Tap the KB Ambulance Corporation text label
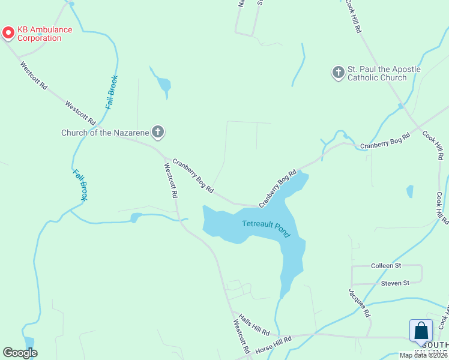pos(44,34)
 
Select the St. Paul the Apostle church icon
pos(338,73)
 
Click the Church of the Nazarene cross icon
pos(158,132)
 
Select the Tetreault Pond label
pos(267,228)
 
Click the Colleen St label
pos(386,265)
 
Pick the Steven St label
pos(395,283)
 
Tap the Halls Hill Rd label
pos(254,325)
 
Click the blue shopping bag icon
pos(421,331)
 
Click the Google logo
pos(20,353)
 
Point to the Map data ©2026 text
pos(423,355)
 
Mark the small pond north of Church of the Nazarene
pos(163,85)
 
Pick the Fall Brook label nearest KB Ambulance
pos(112,92)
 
